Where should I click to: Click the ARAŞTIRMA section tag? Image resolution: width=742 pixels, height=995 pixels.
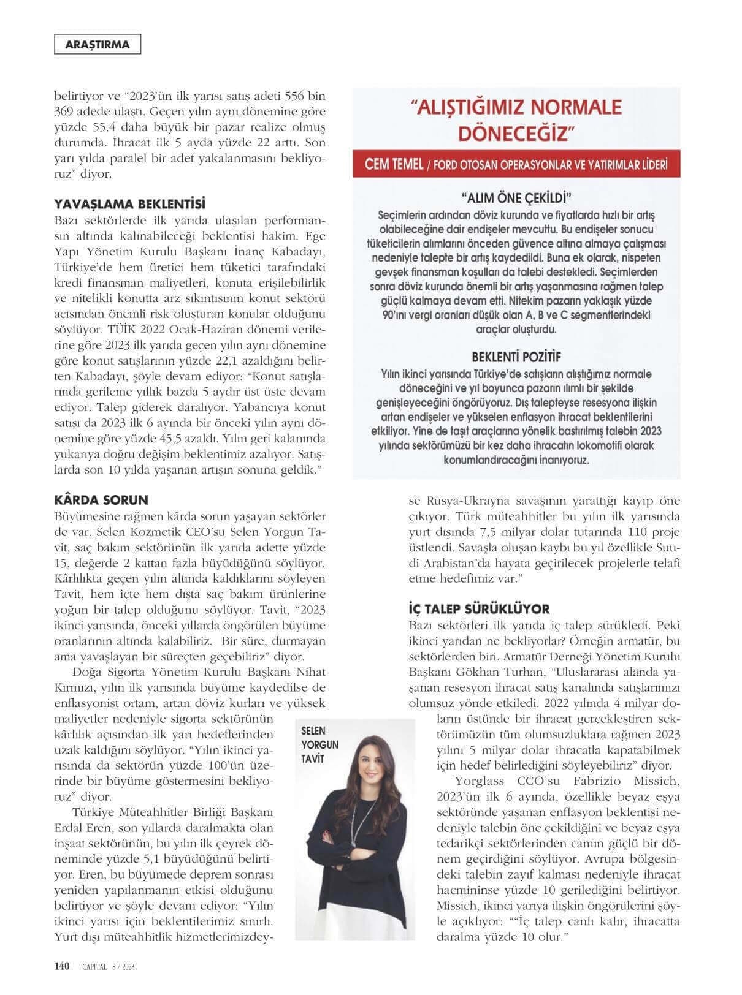click(x=98, y=44)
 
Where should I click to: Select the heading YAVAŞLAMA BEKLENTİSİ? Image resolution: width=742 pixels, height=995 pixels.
click(x=130, y=203)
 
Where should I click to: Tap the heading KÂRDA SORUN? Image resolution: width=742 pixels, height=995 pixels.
click(x=101, y=500)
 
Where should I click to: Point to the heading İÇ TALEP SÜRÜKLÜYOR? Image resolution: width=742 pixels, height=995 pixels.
click(x=479, y=609)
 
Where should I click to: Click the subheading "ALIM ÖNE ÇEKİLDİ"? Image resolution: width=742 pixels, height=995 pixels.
click(x=516, y=198)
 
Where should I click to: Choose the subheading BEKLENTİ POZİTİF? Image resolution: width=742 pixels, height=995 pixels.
click(x=516, y=357)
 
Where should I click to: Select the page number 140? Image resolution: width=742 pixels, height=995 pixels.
click(x=62, y=966)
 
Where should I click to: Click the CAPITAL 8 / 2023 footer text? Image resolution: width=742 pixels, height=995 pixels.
click(x=109, y=967)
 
